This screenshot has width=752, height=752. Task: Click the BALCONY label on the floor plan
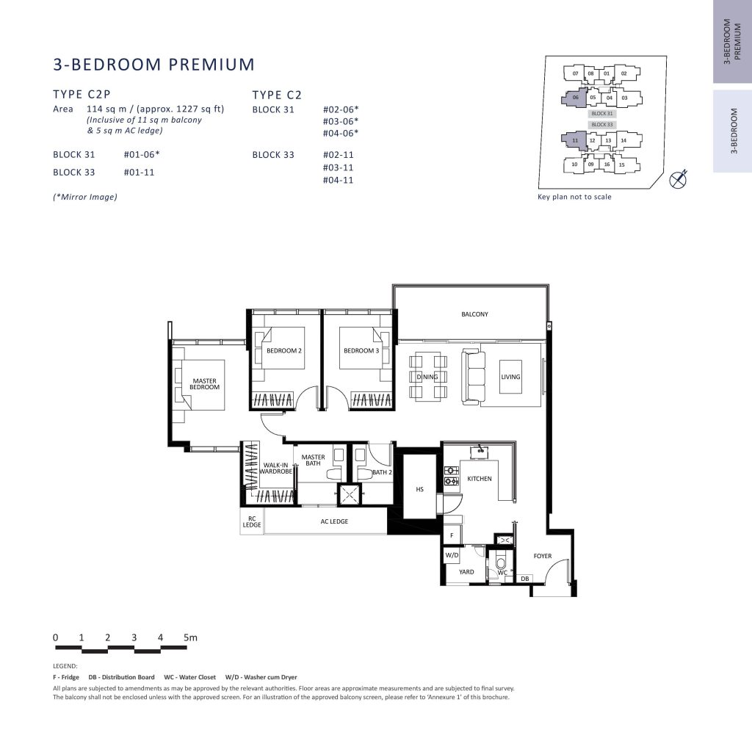[474, 314]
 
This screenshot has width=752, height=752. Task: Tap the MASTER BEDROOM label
[204, 383]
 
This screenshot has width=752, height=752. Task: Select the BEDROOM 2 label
[284, 350]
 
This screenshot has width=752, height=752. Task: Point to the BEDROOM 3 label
[361, 350]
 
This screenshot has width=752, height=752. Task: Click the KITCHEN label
[479, 479]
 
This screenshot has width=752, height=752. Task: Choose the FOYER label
[543, 556]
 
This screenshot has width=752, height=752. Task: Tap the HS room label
[419, 489]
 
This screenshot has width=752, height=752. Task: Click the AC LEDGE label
[334, 521]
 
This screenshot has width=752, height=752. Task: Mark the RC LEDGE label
[252, 522]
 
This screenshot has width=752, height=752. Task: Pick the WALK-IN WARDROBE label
[276, 468]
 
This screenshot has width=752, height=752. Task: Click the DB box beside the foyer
[524, 579]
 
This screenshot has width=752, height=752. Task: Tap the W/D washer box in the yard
[452, 555]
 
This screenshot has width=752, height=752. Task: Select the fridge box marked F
[452, 535]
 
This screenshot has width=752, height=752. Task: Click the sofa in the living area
[471, 377]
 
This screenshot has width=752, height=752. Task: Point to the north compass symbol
[679, 179]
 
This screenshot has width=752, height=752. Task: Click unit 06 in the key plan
[575, 98]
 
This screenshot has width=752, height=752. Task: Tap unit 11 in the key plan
[574, 140]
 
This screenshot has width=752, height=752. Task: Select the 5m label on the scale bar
[190, 637]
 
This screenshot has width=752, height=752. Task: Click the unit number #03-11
[338, 167]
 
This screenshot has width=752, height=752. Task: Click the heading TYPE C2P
[82, 95]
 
